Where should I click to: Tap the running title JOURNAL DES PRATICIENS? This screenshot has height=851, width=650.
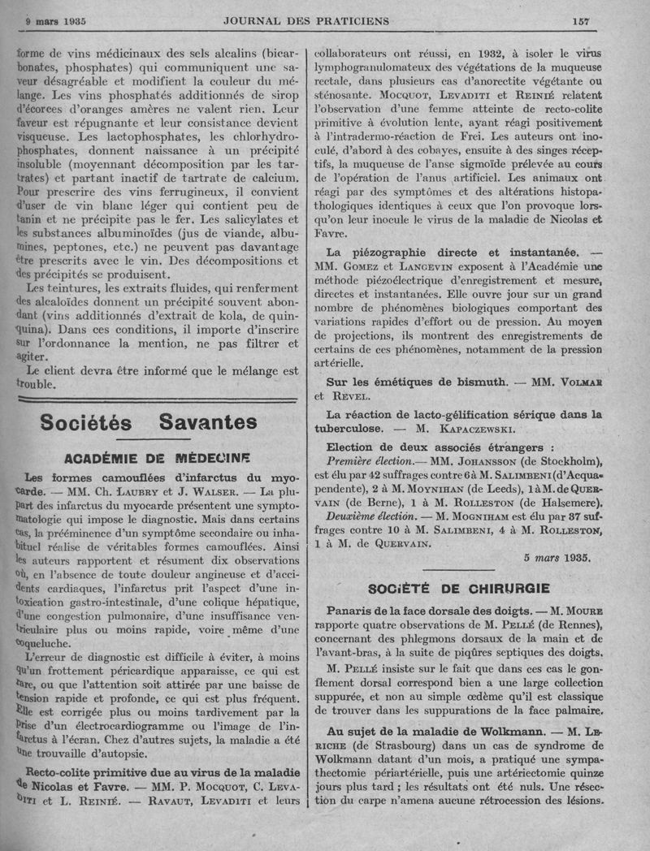306,20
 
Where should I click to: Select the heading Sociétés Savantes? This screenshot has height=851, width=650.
148,422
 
